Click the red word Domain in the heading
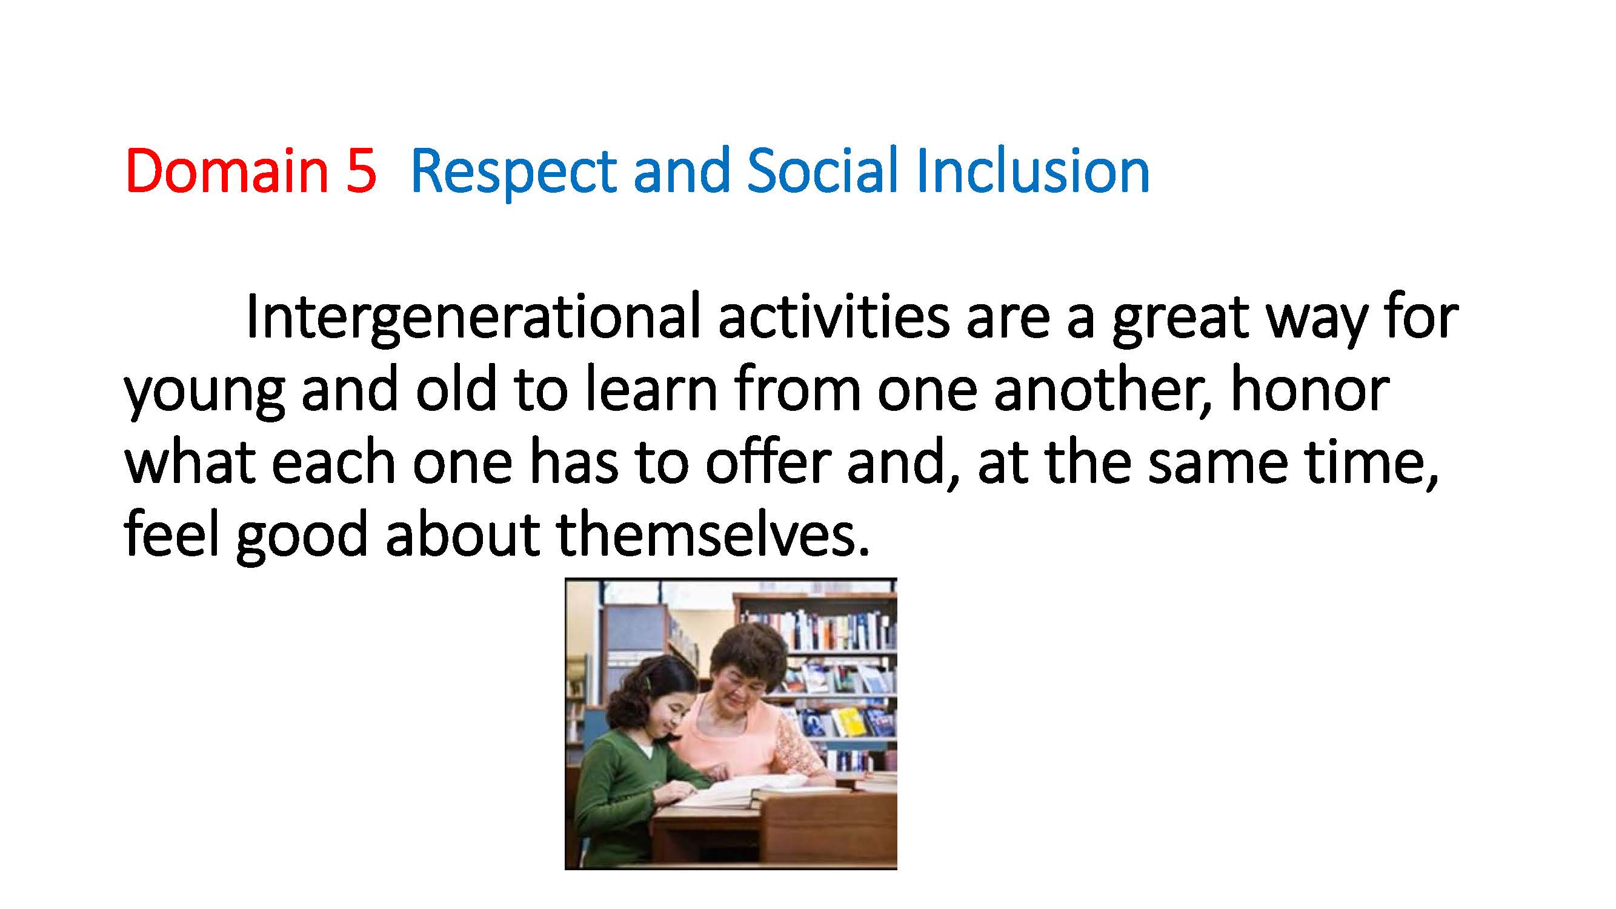click(x=227, y=171)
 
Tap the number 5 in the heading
click(x=361, y=171)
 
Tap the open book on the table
click(x=737, y=791)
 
